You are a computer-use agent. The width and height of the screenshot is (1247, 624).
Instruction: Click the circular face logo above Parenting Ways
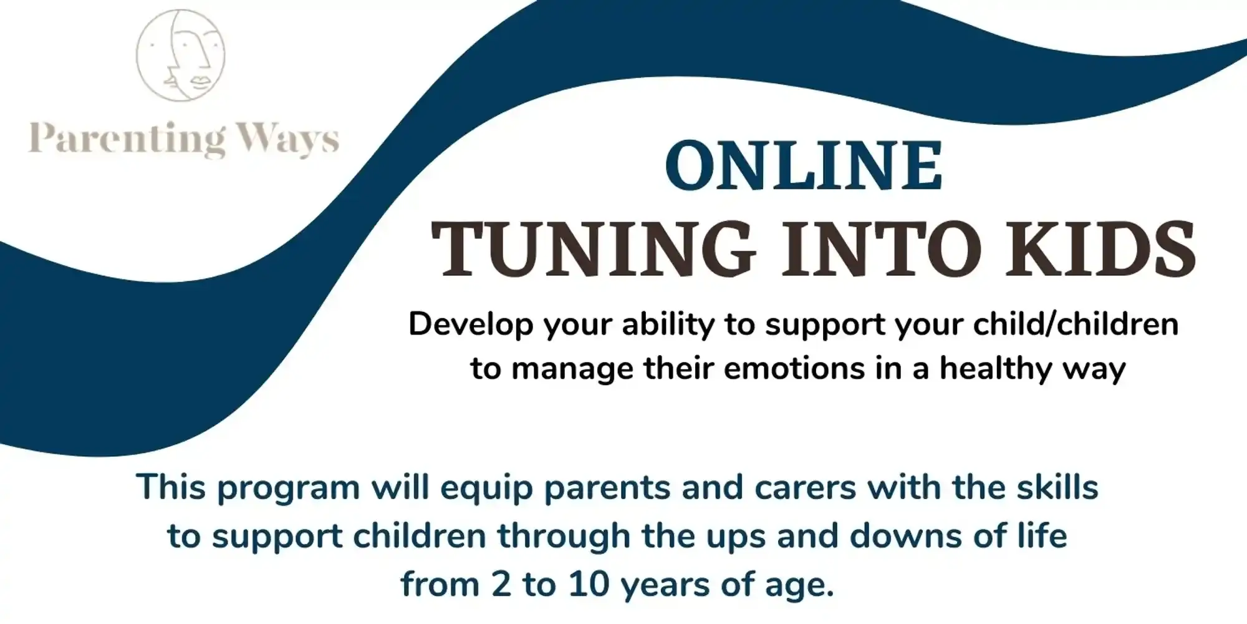click(181, 55)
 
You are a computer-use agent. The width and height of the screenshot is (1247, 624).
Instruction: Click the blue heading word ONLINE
click(804, 165)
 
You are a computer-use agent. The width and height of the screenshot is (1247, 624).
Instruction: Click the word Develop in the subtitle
click(471, 325)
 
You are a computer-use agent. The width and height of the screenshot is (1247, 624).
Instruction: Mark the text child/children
click(1076, 324)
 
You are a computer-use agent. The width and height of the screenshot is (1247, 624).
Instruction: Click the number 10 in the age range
click(590, 585)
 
